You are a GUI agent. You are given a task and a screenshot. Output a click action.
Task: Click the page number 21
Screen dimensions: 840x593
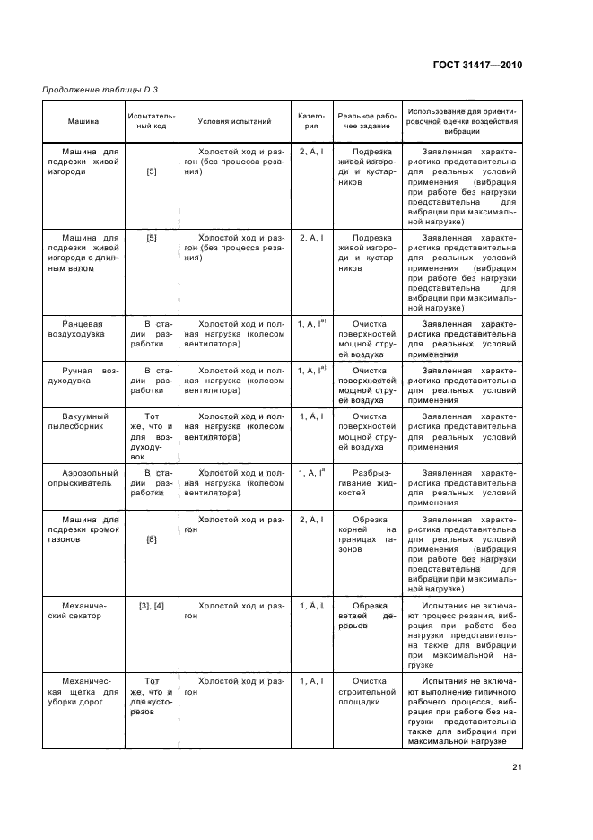pos(517,765)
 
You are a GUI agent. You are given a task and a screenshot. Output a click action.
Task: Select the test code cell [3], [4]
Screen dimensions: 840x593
pos(152,607)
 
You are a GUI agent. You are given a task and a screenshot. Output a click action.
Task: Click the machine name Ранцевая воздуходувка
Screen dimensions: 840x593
pos(83,327)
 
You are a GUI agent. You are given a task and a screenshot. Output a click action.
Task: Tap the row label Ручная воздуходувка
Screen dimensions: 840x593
pos(83,374)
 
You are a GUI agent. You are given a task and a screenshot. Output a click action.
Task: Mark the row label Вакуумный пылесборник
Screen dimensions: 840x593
pos(83,421)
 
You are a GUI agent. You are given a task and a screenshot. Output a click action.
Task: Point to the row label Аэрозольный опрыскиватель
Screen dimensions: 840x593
pos(83,476)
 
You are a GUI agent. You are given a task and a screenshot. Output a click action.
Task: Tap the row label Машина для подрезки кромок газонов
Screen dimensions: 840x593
pos(83,530)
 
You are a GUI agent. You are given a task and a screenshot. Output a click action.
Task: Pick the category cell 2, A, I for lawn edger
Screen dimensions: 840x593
pos(310,520)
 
